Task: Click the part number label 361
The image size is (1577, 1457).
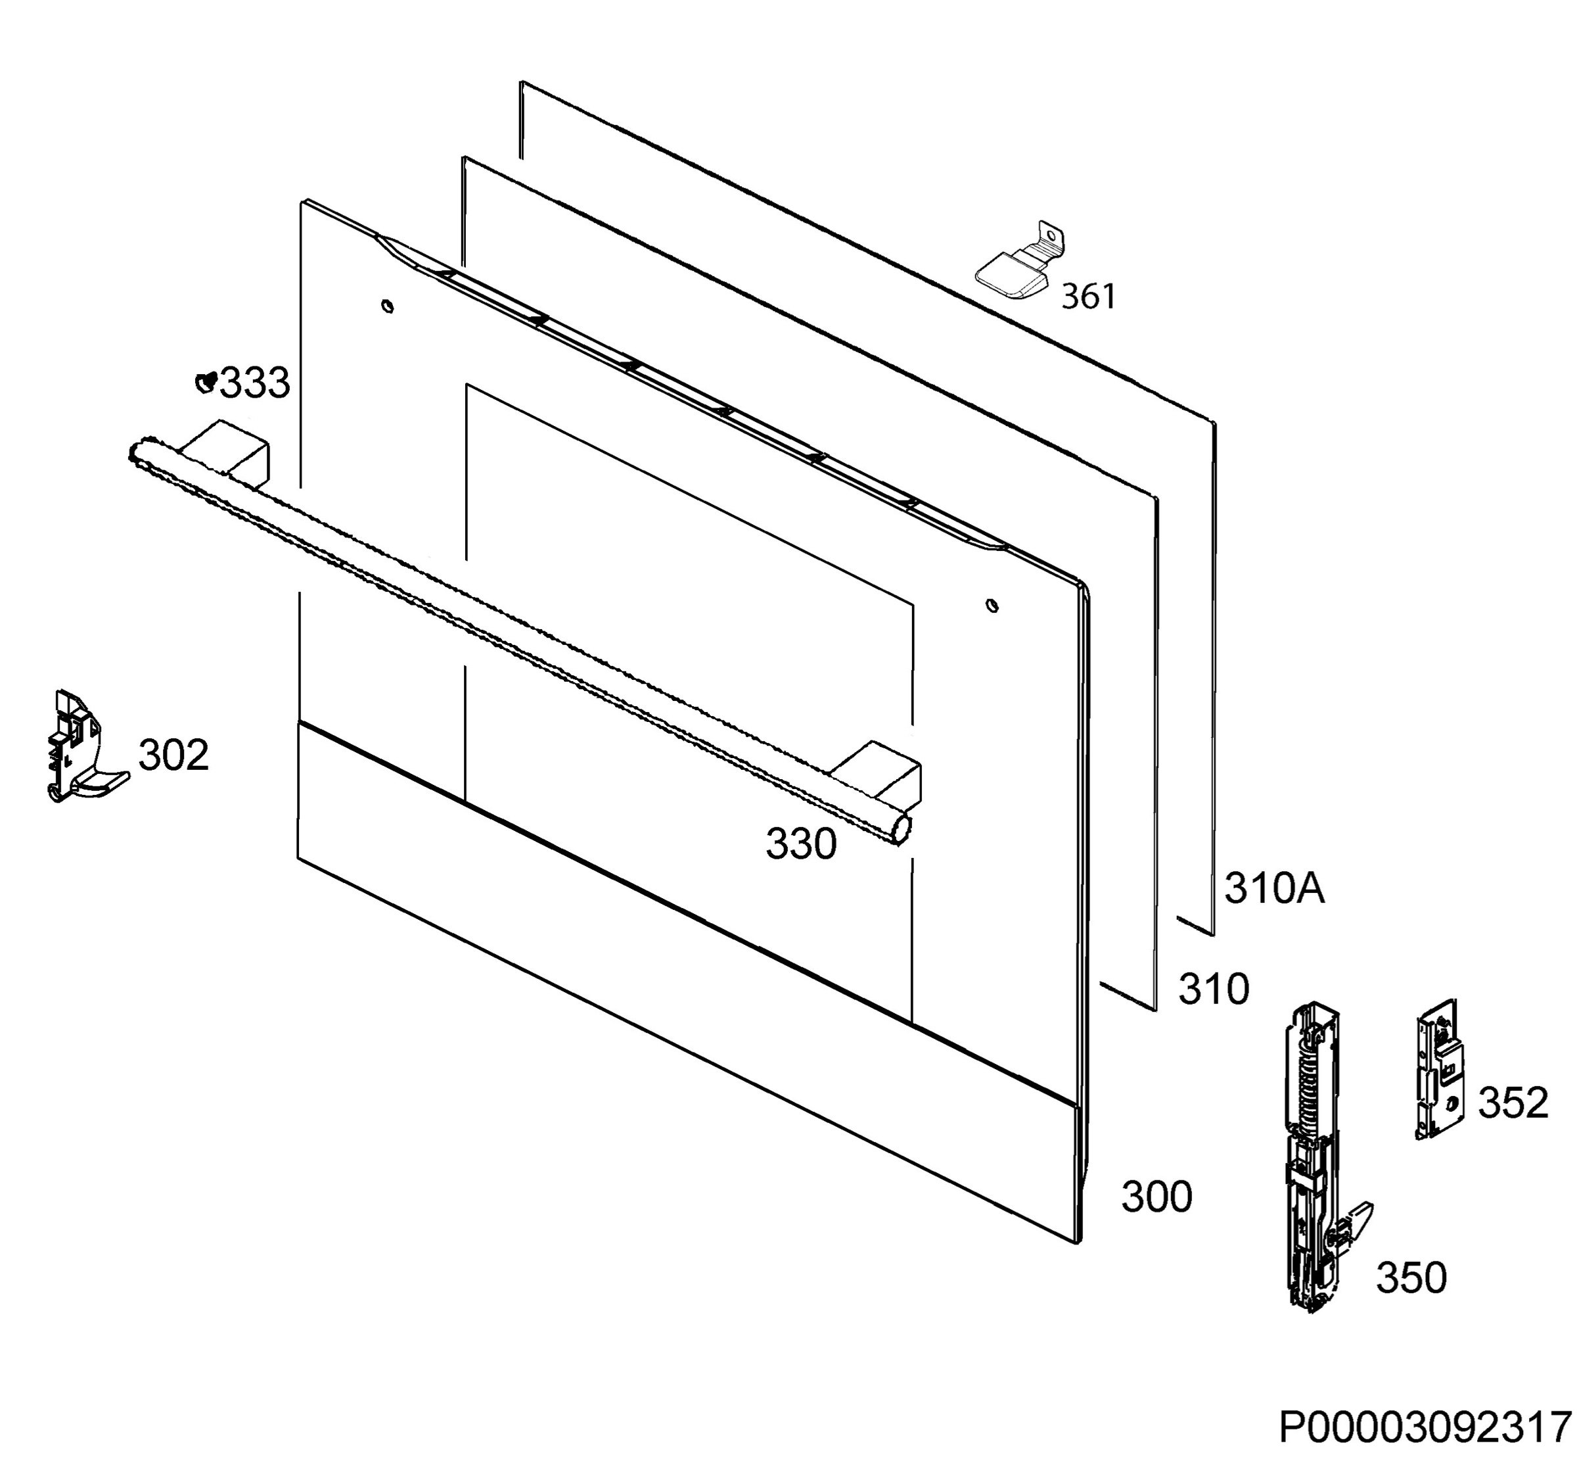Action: tap(1088, 297)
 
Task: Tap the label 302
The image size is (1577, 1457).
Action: tap(173, 755)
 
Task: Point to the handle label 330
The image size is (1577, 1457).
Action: tap(801, 844)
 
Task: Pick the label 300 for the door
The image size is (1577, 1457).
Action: tap(1157, 1197)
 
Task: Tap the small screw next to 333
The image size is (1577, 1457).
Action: tap(206, 383)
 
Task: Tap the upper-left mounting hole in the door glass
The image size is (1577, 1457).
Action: tap(387, 306)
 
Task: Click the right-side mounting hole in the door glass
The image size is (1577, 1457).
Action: tap(992, 606)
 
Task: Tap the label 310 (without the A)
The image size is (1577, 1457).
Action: tap(1214, 989)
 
